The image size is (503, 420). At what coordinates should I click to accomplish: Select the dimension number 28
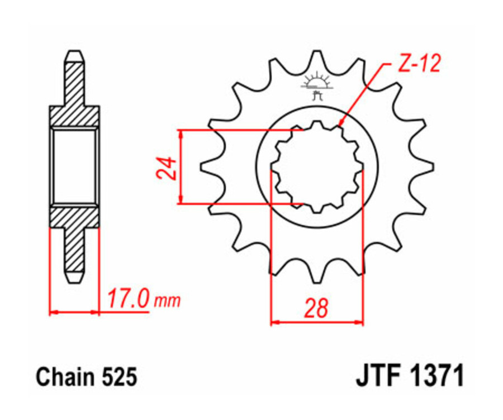pyautogui.click(x=316, y=308)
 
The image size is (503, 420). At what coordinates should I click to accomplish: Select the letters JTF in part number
pyautogui.click(x=378, y=376)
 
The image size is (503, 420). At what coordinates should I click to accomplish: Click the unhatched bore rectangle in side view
pyautogui.click(x=75, y=165)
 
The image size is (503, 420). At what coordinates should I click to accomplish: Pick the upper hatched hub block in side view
pyautogui.click(x=75, y=116)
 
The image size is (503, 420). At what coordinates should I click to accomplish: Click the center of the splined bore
pyautogui.click(x=317, y=166)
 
